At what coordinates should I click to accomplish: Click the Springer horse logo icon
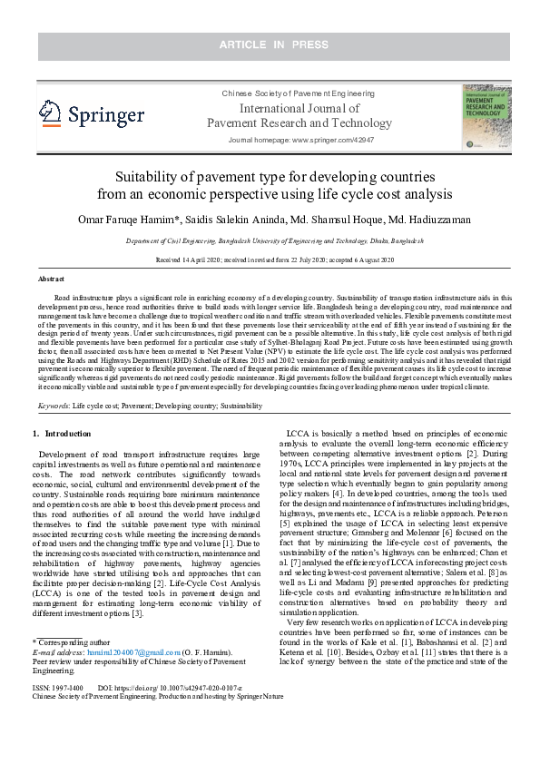(x=51, y=113)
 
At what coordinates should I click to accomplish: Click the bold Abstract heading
(x=51, y=279)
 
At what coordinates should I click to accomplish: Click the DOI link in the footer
(x=182, y=689)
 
